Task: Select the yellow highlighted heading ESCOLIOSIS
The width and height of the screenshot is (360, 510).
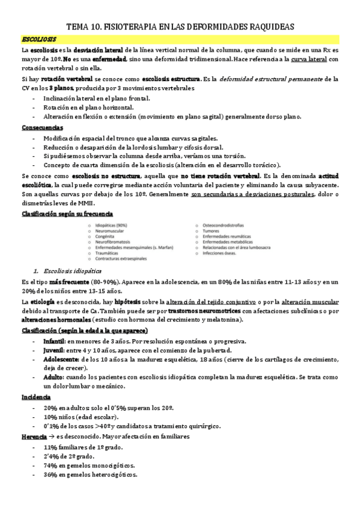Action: [x=39, y=38]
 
